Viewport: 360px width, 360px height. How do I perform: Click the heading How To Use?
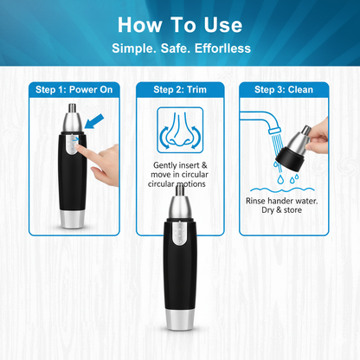click(x=180, y=23)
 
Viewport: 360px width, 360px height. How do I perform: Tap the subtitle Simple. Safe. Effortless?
click(x=180, y=47)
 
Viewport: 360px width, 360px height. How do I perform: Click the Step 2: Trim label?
click(x=179, y=89)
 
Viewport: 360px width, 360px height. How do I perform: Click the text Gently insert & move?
click(x=179, y=170)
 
